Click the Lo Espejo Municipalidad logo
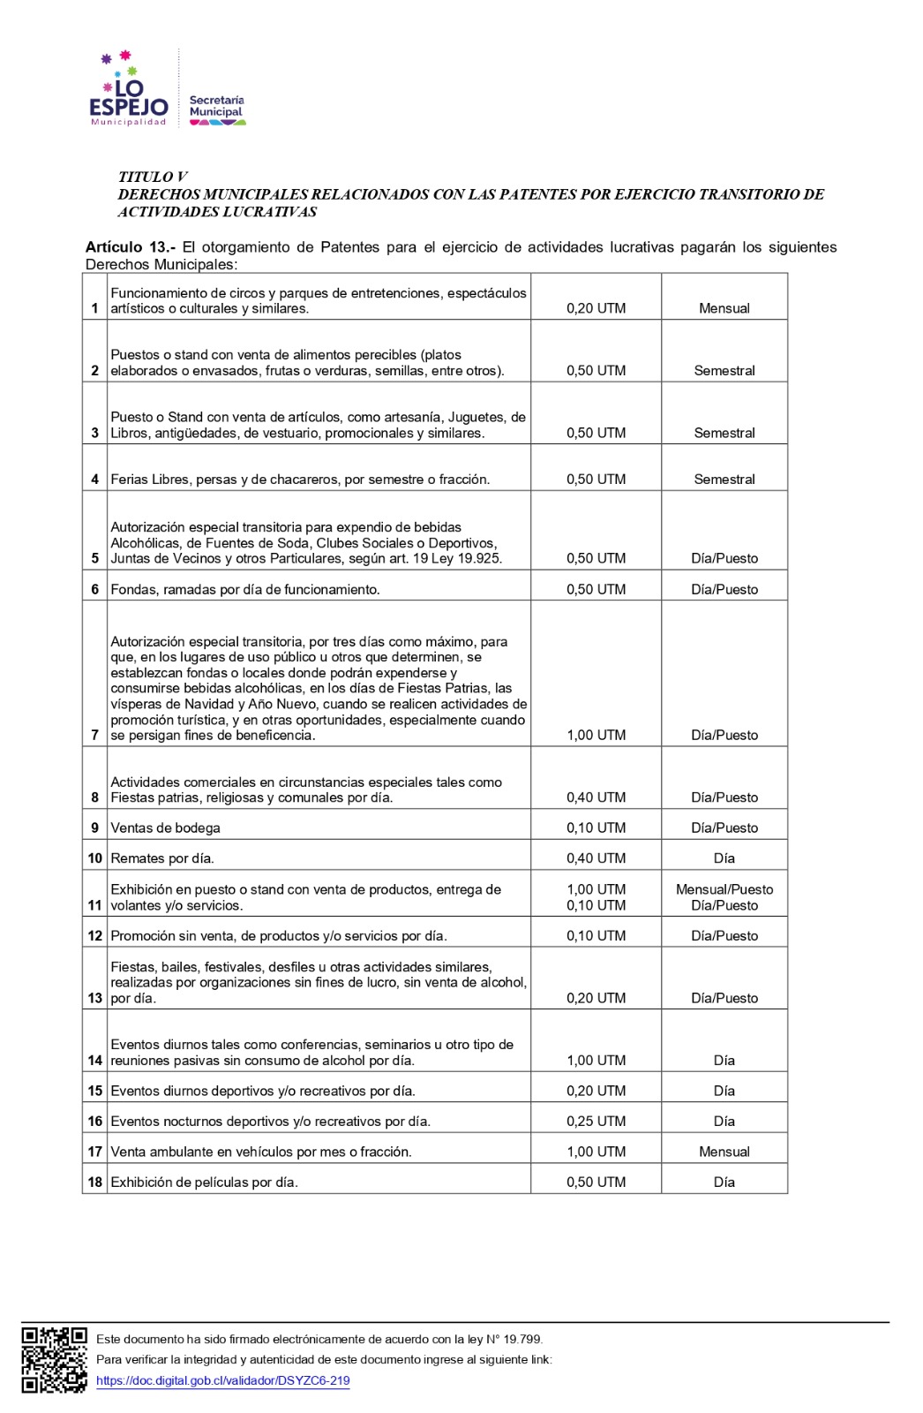tap(129, 91)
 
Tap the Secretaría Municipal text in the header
tap(216, 107)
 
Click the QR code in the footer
tap(55, 1359)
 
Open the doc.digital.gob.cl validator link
tap(222, 1380)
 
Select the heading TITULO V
tap(153, 177)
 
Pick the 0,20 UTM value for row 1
tap(596, 308)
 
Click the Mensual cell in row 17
tap(724, 1152)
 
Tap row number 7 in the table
tap(94, 735)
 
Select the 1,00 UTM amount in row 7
tap(596, 735)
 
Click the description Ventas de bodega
tap(165, 827)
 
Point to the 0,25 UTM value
tap(596, 1122)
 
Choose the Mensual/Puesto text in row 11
tap(724, 889)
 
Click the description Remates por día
tap(162, 858)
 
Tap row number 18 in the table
tap(94, 1183)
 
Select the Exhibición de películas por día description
tap(204, 1183)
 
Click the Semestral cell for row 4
tap(724, 480)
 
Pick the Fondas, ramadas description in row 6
tap(245, 589)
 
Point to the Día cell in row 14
tap(724, 1061)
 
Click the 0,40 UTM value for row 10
tap(596, 858)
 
